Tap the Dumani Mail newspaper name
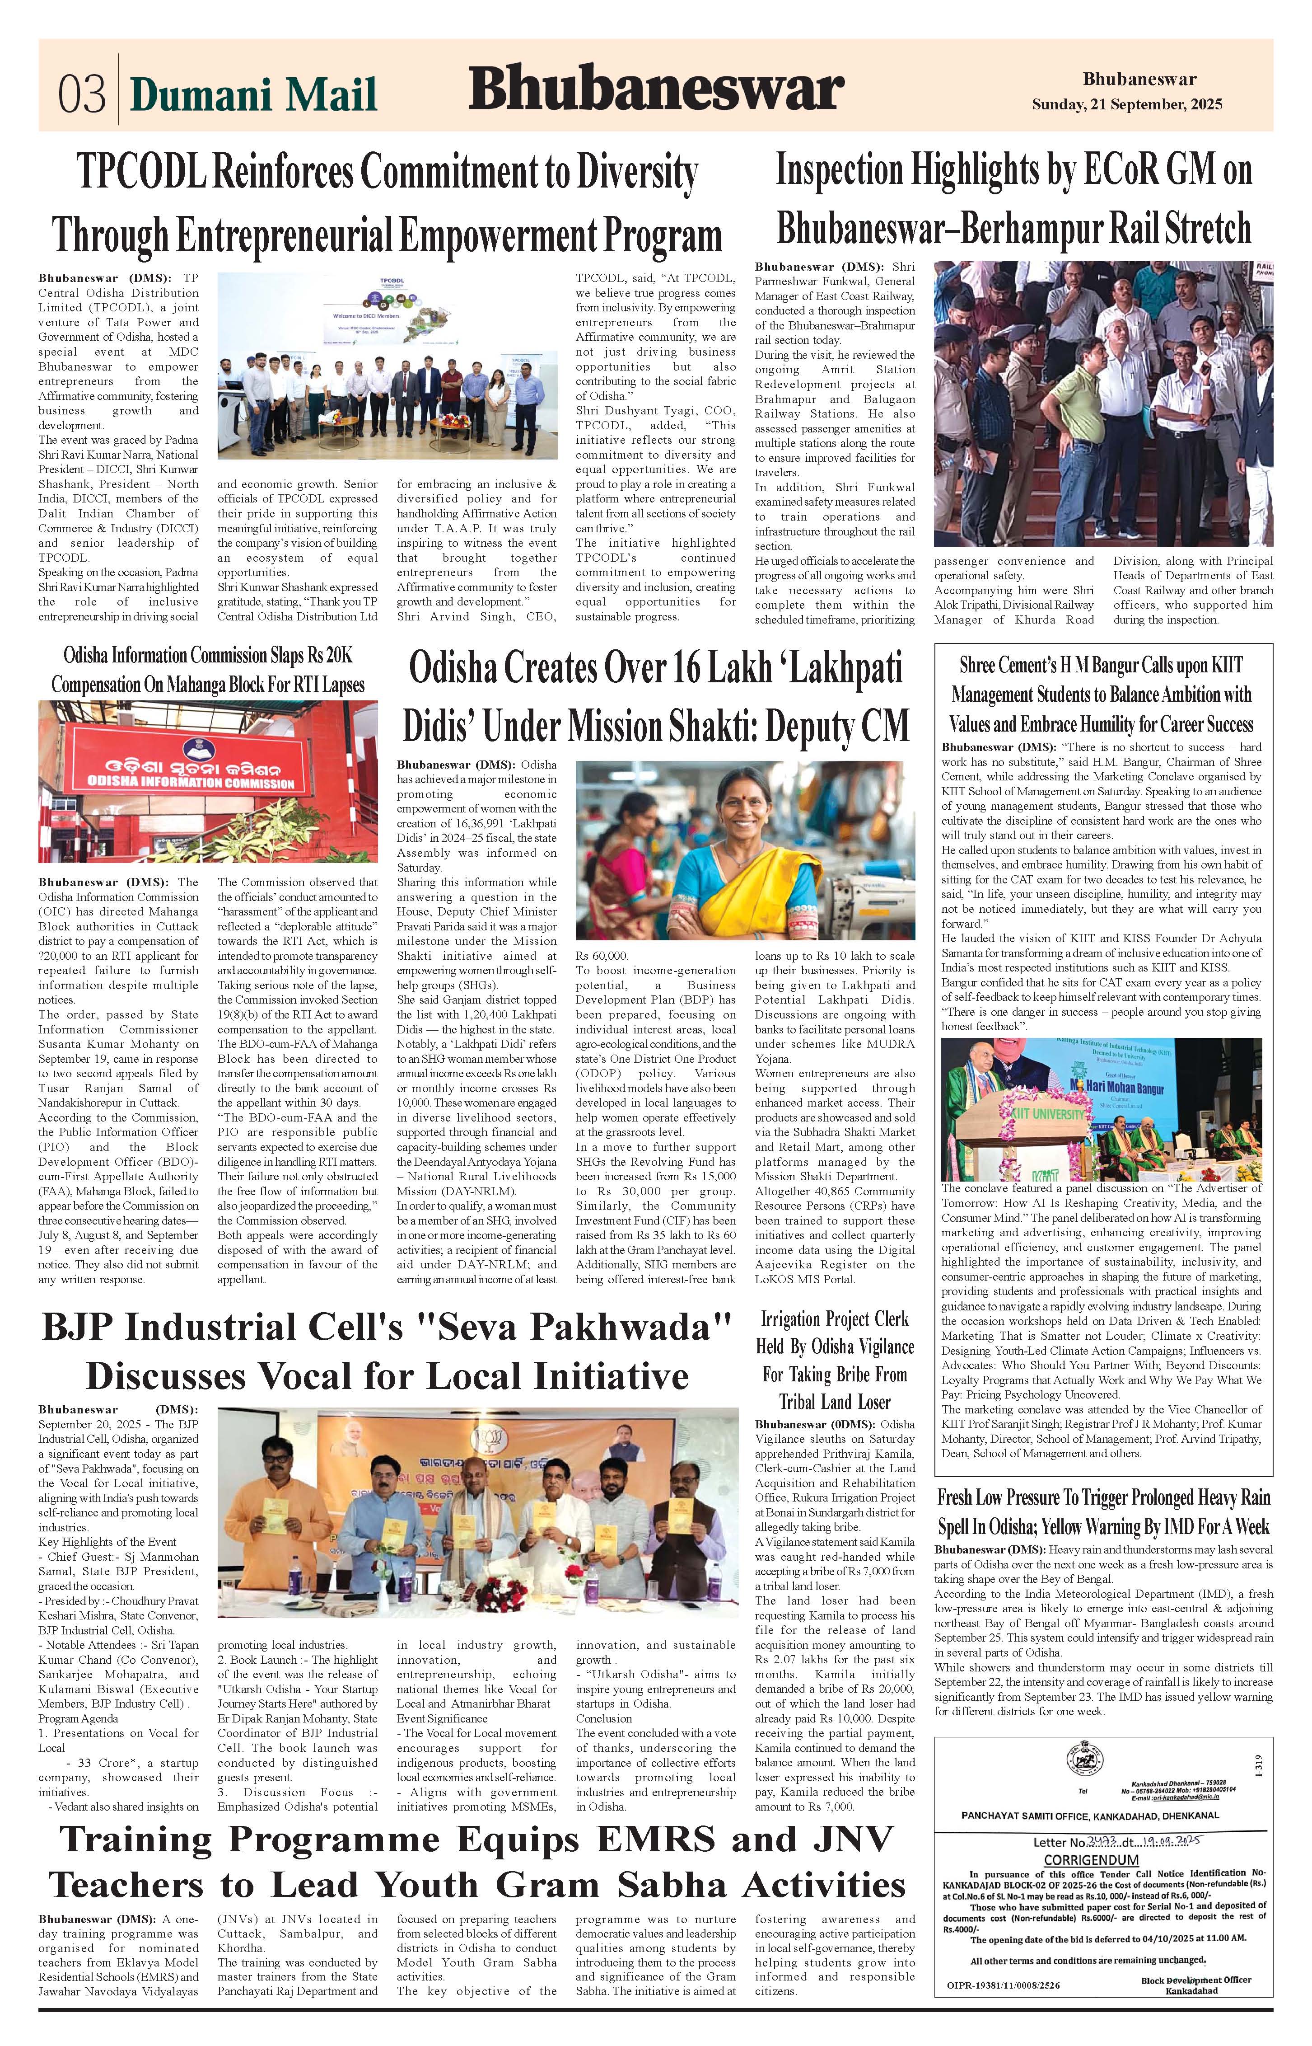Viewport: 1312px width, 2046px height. pos(253,94)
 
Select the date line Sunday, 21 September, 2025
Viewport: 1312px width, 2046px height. pos(1126,105)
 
